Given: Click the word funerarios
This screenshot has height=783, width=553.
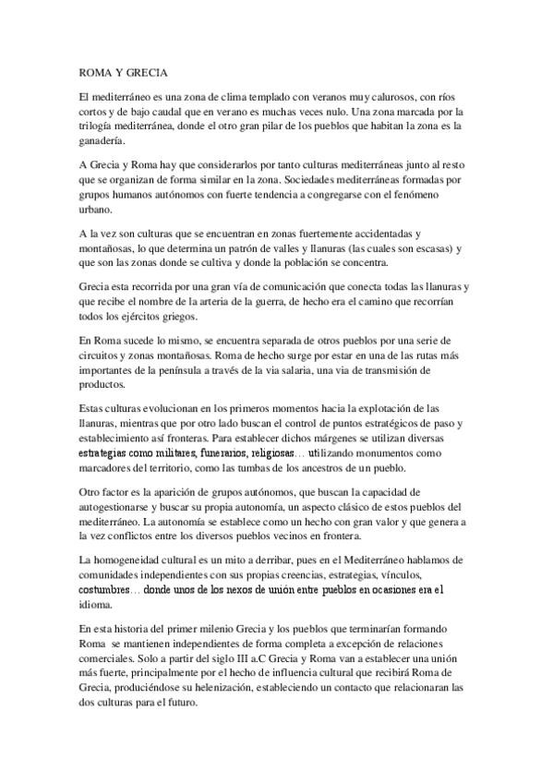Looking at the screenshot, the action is tap(245, 455).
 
